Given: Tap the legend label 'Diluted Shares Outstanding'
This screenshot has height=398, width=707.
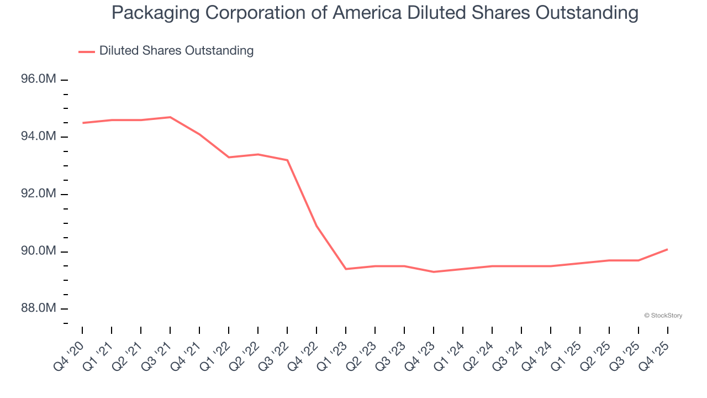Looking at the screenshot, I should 176,51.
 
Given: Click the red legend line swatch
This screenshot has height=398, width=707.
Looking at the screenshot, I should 87,51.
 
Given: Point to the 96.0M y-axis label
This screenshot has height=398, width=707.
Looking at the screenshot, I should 39,80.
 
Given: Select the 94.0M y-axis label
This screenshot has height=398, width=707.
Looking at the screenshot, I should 39,137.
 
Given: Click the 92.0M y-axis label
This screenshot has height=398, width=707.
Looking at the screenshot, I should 39,194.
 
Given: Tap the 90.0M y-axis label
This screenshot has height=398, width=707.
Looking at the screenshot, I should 39,252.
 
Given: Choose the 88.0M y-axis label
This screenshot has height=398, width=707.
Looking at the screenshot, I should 39,308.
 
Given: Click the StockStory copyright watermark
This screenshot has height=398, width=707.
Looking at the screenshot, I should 663,316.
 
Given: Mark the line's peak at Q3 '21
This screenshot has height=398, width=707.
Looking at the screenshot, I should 170,117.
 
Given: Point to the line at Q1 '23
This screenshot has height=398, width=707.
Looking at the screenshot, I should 346,269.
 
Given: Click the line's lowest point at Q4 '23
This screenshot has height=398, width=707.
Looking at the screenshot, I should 434,272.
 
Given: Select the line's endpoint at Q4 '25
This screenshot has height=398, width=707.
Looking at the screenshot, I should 667,249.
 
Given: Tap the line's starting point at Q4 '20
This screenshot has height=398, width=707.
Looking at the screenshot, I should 83,123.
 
